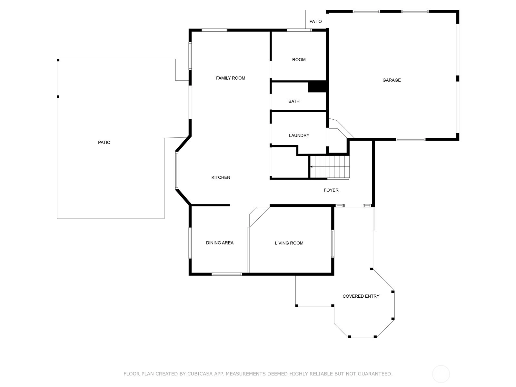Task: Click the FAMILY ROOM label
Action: tap(230, 78)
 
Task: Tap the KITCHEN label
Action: tap(221, 177)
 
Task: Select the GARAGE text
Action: tap(392, 80)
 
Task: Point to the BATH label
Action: tap(294, 101)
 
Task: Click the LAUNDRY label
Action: tap(299, 135)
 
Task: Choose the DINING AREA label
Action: tap(220, 243)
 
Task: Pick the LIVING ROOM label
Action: tap(289, 243)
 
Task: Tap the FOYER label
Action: tap(331, 190)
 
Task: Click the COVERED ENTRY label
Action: tap(361, 296)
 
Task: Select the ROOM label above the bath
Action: tap(299, 60)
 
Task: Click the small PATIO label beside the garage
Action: tap(315, 21)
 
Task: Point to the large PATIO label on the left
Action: tap(104, 143)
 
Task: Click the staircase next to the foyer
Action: tap(330, 167)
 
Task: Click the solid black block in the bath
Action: tap(317, 86)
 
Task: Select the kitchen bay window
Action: tap(177, 170)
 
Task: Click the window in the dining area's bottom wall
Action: tap(227, 274)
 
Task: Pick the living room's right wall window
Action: tap(332, 243)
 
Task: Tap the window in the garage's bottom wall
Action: tap(411, 139)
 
